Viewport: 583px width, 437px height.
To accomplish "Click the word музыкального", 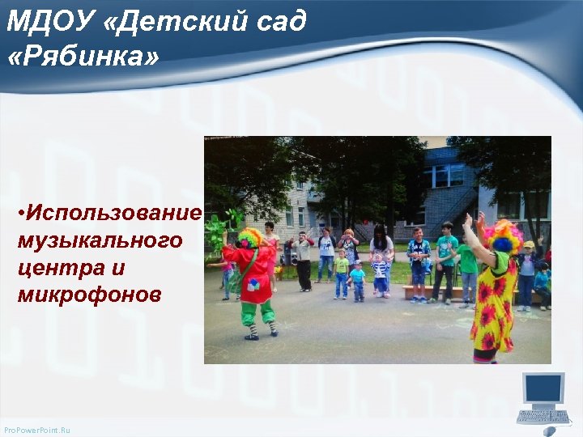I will [100, 240].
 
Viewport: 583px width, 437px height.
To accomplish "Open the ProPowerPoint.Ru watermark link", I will [37, 430].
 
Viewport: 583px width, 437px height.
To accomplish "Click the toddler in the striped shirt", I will [379, 274].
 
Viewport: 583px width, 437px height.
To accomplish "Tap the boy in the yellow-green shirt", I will [342, 271].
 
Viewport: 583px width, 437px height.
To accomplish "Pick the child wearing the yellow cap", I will [528, 267].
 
